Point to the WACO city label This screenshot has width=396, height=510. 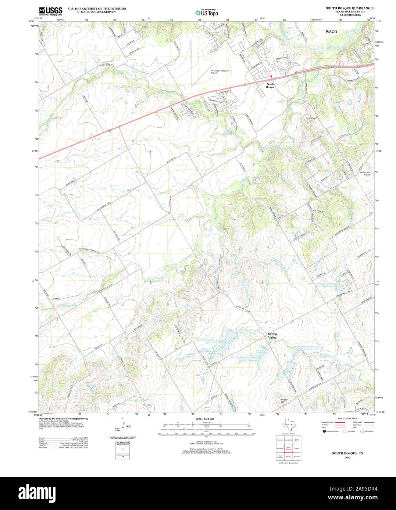tap(331, 32)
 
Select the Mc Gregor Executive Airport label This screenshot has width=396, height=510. tap(220, 72)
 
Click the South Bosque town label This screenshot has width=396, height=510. tap(270, 85)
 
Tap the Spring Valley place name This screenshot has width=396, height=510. tap(272, 336)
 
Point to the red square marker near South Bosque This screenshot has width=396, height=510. tap(271, 76)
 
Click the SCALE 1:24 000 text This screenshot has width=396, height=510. tap(205, 419)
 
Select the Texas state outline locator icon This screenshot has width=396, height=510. tap(288, 426)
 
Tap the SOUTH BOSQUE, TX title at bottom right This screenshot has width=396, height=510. tap(347, 453)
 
